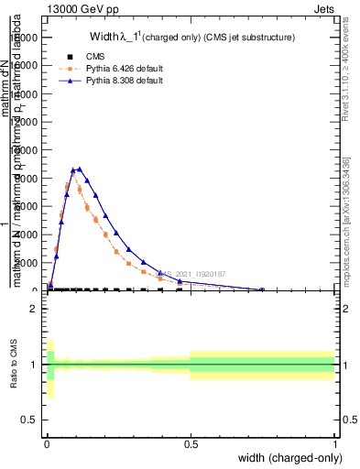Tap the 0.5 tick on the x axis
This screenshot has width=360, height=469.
tap(191, 443)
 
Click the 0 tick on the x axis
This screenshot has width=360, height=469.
tap(47, 443)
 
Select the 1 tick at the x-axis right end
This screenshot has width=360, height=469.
tap(334, 443)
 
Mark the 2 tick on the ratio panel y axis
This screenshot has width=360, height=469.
tap(33, 309)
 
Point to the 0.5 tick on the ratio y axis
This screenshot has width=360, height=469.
tap(29, 420)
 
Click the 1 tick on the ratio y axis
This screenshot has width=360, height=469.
tap(33, 365)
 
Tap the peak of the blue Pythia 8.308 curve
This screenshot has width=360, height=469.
tap(80, 169)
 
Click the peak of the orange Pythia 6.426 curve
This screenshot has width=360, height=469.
tap(73, 170)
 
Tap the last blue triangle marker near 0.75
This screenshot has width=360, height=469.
tap(263, 289)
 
